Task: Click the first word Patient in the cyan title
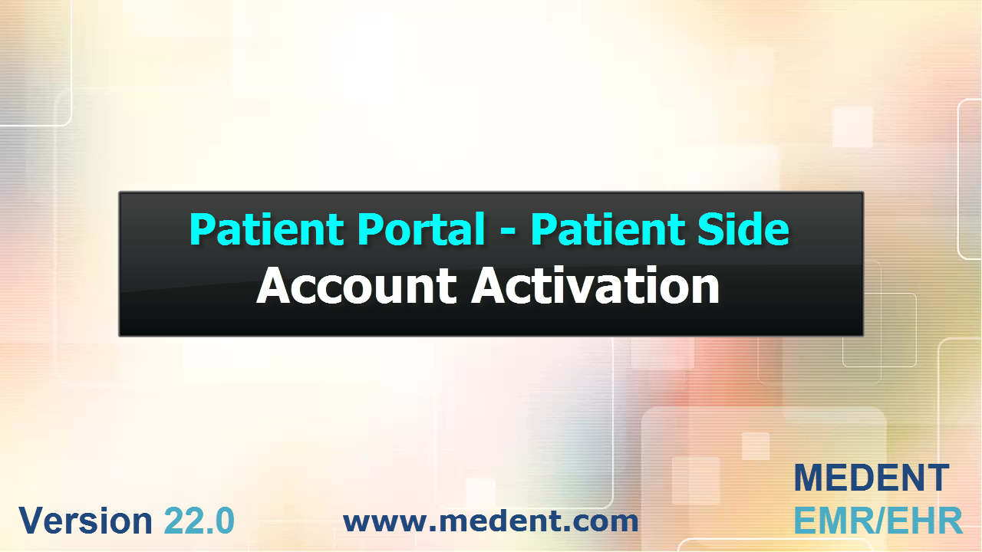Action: [x=266, y=228]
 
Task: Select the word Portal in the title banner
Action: [x=421, y=228]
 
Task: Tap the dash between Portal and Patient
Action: [x=508, y=232]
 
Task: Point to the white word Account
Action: [x=357, y=285]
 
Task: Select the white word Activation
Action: [x=595, y=285]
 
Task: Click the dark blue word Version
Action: [x=85, y=521]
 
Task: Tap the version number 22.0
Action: [x=199, y=521]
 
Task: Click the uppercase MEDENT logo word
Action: [x=872, y=478]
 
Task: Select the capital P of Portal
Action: [x=370, y=228]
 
